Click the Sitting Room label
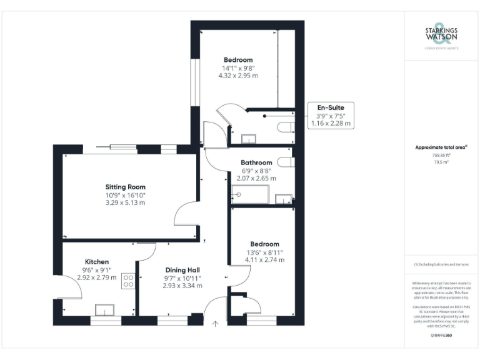[125, 187]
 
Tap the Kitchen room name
[97, 261]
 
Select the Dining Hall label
[182, 269]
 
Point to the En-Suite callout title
[331, 107]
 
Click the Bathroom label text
[257, 162]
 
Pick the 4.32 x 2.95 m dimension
[238, 76]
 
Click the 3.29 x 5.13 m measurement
[125, 202]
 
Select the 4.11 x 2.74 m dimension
[265, 259]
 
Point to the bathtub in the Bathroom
[250, 195]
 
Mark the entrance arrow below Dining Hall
[216, 324]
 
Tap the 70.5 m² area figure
[442, 162]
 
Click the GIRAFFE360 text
[441, 336]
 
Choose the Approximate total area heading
[441, 147]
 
